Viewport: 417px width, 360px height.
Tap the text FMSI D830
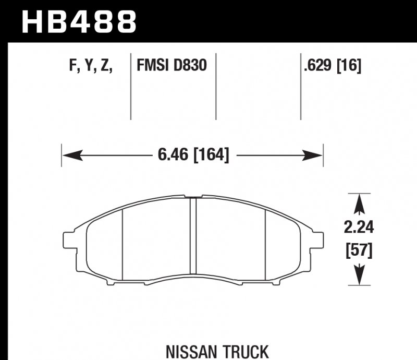[x=171, y=66]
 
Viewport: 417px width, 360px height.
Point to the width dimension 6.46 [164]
[x=192, y=155]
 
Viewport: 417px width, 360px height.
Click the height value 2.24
[x=359, y=227]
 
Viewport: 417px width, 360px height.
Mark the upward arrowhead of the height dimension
[x=359, y=203]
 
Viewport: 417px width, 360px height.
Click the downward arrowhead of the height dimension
[x=359, y=277]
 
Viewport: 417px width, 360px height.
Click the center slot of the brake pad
[x=192, y=235]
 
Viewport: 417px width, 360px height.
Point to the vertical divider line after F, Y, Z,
[x=130, y=86]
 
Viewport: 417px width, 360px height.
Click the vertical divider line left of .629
[x=301, y=86]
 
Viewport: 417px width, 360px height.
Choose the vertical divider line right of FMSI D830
[x=216, y=86]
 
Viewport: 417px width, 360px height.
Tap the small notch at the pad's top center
[x=192, y=197]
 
